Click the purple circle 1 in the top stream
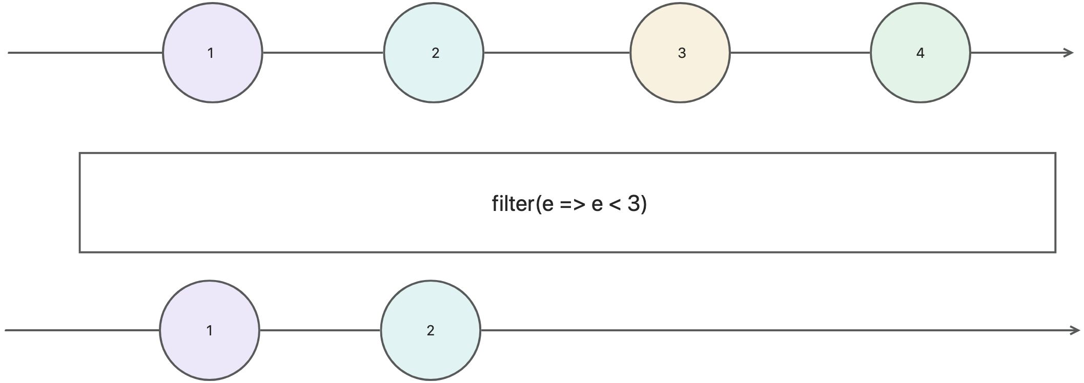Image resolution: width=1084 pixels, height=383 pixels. point(212,53)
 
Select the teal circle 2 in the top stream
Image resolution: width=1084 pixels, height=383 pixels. point(434,53)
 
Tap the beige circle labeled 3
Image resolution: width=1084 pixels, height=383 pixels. point(680,53)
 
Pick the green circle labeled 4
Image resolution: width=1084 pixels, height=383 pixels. point(920,53)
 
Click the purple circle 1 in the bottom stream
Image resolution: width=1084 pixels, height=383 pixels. point(209,330)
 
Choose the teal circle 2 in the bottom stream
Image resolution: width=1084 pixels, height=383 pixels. point(431,330)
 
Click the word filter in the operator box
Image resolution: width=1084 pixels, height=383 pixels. point(513,204)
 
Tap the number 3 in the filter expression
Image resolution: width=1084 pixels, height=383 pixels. point(633,204)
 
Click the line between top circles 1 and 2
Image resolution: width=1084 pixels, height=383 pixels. point(323,53)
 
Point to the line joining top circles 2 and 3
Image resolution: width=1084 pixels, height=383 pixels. point(557,53)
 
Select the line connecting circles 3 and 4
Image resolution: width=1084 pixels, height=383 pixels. point(800,53)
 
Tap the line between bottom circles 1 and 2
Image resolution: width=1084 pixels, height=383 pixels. point(320,330)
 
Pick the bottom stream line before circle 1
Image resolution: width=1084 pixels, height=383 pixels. point(82,330)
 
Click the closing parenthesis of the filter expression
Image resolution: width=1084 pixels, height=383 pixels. point(644,204)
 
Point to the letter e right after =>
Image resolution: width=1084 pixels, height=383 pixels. point(597,205)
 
